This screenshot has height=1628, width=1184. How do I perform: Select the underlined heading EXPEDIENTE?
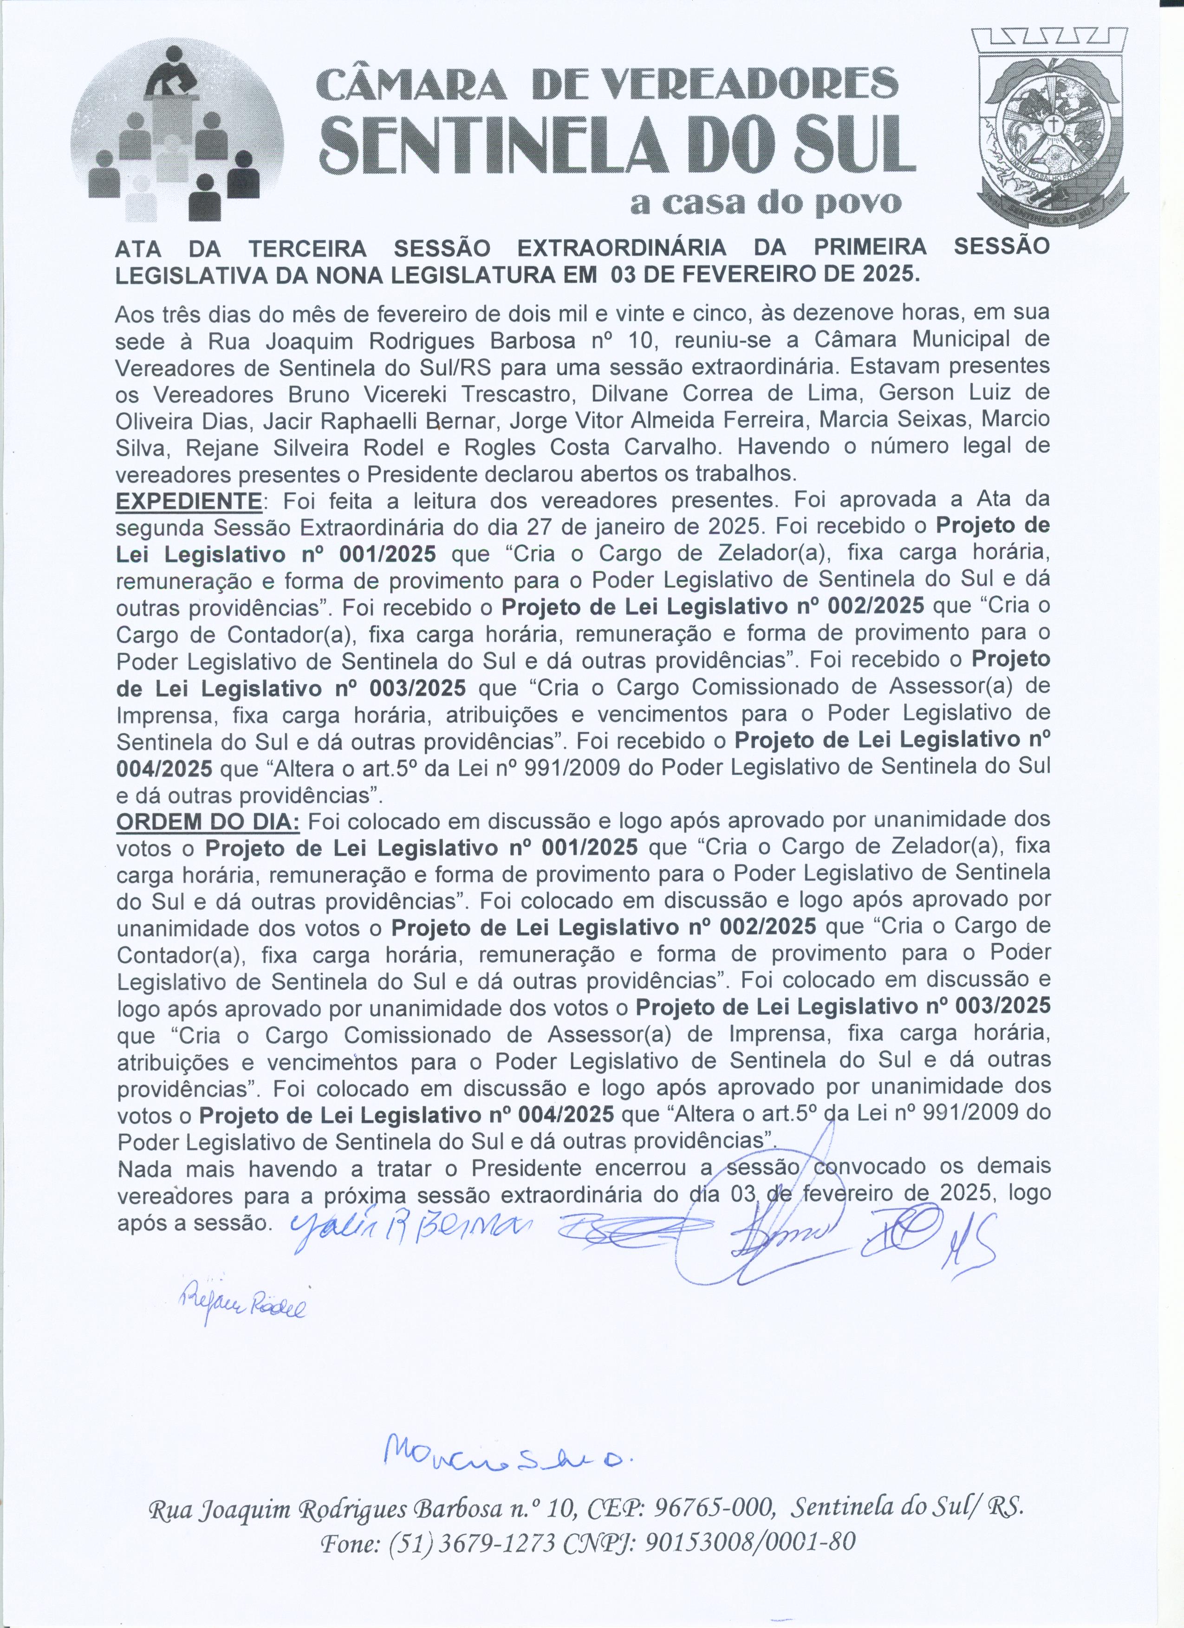point(188,500)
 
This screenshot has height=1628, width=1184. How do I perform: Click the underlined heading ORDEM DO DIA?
point(208,821)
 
